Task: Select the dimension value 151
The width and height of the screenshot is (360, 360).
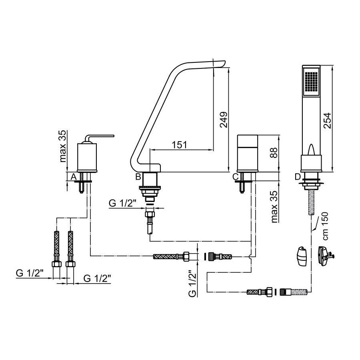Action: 180,145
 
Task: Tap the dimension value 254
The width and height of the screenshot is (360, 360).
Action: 327,120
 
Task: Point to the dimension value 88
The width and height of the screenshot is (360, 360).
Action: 274,152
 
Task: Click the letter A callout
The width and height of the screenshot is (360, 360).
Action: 74,177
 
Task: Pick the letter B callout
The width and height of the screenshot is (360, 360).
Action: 138,177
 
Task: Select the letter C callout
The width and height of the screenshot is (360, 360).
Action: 236,177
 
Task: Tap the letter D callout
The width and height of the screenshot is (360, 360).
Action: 298,177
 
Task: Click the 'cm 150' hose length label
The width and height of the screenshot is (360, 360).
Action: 325,226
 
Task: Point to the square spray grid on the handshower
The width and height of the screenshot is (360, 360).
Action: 311,84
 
